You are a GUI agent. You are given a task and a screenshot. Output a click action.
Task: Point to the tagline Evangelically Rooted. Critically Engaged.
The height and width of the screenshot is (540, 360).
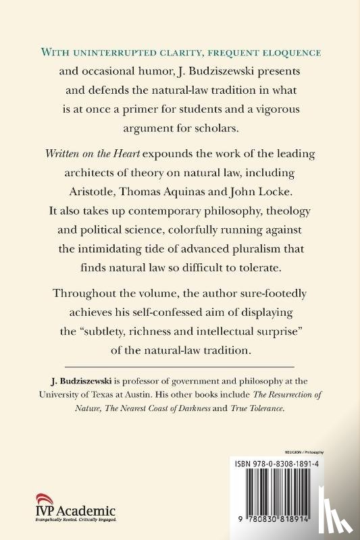(64, 522)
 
